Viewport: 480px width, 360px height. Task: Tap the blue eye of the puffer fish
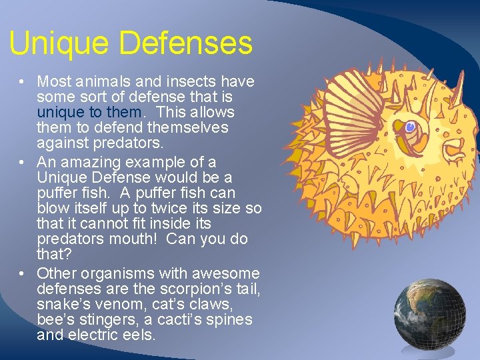410,126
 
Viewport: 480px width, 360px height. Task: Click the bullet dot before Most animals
22,82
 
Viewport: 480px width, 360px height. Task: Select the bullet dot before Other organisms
22,273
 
